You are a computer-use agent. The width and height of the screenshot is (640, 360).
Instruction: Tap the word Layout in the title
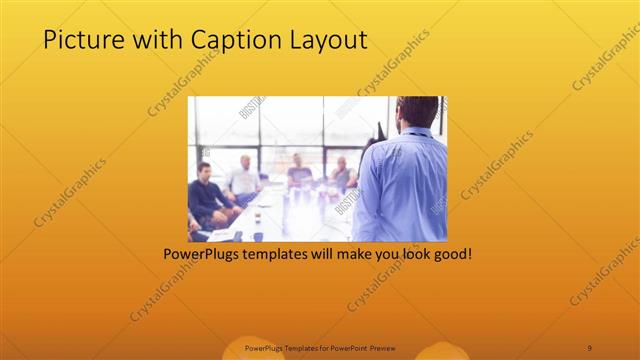(x=326, y=40)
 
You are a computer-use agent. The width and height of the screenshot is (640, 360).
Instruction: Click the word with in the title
(x=157, y=40)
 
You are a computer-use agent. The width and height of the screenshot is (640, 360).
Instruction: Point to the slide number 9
(x=589, y=347)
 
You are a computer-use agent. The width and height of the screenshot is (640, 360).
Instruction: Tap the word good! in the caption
(x=451, y=254)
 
